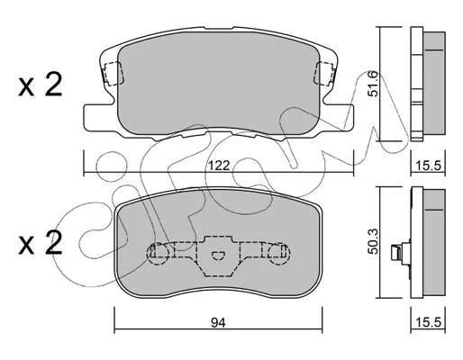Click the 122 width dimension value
click(x=219, y=166)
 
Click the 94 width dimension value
click(x=218, y=323)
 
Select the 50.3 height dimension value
click(x=374, y=241)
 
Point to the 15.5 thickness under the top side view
click(x=428, y=166)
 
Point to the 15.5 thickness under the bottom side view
click(x=428, y=323)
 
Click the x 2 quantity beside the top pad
click(x=41, y=85)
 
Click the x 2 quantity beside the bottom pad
click(x=41, y=243)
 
